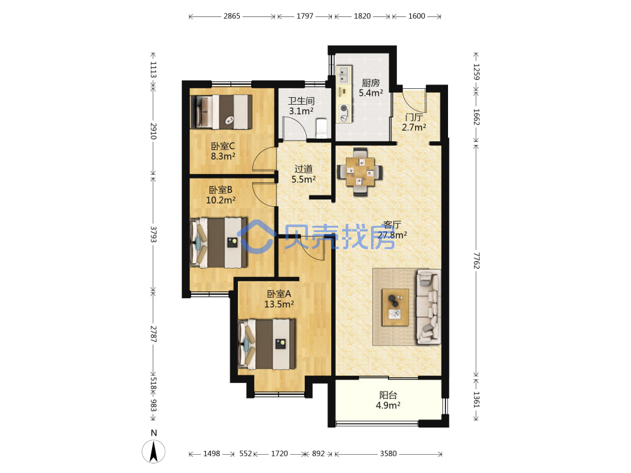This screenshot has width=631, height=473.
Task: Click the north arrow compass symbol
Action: coord(153,452)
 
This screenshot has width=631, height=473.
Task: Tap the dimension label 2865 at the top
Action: coord(232,16)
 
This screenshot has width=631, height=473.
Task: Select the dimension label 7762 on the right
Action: coord(476,260)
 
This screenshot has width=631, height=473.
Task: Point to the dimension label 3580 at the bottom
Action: coord(388,453)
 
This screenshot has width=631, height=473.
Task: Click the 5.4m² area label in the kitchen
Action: coord(370,93)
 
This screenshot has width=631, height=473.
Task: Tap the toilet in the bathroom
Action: coord(322,127)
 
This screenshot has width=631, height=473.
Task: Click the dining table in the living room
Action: coord(360,172)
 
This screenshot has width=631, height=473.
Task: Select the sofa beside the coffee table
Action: coord(429,307)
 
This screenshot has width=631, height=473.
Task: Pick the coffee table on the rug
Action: coord(395,307)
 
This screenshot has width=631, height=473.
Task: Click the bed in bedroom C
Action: coord(221,112)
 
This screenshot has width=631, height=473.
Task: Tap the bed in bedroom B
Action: coord(219,243)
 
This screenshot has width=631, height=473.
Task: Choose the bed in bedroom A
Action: coord(267,344)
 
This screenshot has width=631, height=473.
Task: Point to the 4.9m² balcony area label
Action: coord(388,406)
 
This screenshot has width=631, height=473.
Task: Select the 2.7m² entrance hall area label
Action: coord(414,127)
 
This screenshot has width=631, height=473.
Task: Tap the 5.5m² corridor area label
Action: coord(304,179)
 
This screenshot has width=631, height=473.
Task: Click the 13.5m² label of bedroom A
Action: coord(279,305)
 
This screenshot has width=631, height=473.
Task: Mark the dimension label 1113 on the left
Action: coord(153,69)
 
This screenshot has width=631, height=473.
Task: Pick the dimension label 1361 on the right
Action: coord(476,399)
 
